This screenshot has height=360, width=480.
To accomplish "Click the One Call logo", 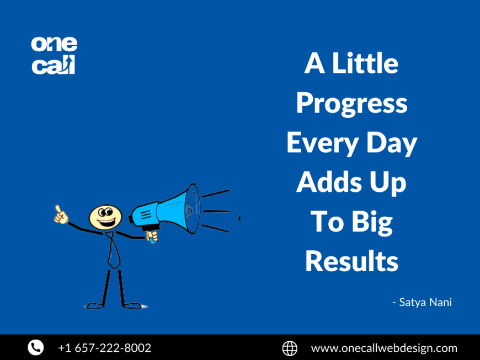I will (x=54, y=55).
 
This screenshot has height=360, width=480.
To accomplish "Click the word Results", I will (x=351, y=261).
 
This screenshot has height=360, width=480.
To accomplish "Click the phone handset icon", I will (x=36, y=347).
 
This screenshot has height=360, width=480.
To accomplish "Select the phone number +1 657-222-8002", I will (x=104, y=348).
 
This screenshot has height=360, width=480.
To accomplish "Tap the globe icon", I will (x=290, y=348).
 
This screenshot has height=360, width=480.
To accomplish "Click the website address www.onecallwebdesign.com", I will (x=384, y=348).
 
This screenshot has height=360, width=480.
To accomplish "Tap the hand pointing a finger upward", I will (x=60, y=215).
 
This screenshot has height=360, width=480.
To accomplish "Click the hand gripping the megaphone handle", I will (x=152, y=236).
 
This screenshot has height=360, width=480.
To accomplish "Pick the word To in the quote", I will (x=326, y=222).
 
